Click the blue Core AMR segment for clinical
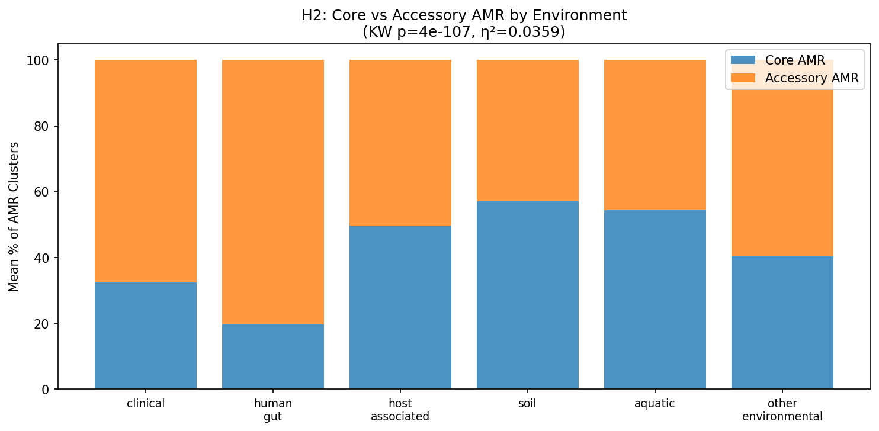coord(146,336)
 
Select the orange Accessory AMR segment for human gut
coord(273,192)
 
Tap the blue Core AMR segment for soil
coord(528,295)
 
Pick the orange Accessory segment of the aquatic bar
coord(655,135)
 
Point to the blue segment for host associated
coord(400,307)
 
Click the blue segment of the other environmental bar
coord(782,323)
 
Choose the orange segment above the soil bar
coord(528,130)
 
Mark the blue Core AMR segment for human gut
coord(273,356)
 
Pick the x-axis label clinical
coord(146,404)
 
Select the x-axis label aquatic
coord(655,404)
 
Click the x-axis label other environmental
coord(782,410)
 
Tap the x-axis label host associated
coord(400,410)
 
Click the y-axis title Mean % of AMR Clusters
coord(14,216)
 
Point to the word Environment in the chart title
coord(586,15)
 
